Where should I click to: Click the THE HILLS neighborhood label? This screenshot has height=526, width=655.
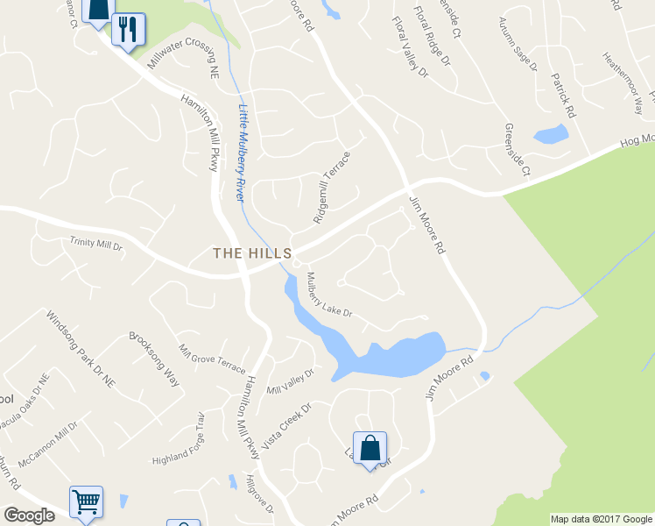point(252,252)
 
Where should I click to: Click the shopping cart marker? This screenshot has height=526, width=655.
point(86,503)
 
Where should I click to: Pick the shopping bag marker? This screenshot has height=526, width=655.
point(370,448)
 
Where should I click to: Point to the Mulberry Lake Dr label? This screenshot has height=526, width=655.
point(329,295)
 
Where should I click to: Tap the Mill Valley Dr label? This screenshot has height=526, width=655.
point(290,382)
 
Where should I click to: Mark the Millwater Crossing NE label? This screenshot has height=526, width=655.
point(183,61)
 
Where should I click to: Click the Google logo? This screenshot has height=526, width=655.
point(29,515)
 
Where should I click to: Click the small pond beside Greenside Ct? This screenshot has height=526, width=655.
point(551,135)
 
